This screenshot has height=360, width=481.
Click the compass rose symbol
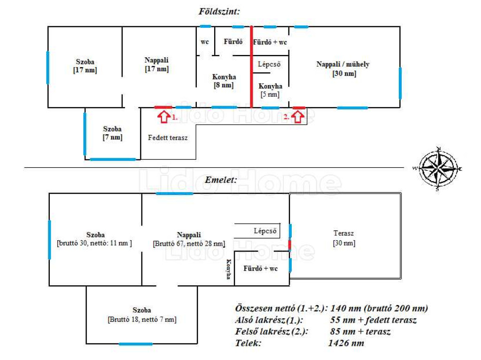pos(438,168)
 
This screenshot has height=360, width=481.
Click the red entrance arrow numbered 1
pos(163,116)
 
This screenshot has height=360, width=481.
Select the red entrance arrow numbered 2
pos(297,116)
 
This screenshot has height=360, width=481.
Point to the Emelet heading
pos(221,180)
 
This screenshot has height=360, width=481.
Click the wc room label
pos(205,42)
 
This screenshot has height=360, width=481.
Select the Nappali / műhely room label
pos(343,69)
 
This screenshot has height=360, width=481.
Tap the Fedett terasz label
pos(168,138)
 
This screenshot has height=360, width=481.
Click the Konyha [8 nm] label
pos(224,81)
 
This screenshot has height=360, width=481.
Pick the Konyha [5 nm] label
pos(270,90)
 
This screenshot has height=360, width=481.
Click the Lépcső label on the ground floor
pos(269,64)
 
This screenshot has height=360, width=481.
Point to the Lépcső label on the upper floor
pos(264,231)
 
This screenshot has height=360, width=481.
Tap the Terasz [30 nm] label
pos(344,238)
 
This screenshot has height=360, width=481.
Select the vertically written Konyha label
pos(229,270)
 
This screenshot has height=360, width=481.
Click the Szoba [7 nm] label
pos(112,133)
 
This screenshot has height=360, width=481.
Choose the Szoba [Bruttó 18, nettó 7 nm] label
pos(142,314)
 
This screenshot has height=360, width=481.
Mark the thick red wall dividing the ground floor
pos(252,66)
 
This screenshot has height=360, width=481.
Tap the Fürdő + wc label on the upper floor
pos(261,269)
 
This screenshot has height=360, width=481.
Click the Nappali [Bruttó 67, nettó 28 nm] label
pos(189,239)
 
